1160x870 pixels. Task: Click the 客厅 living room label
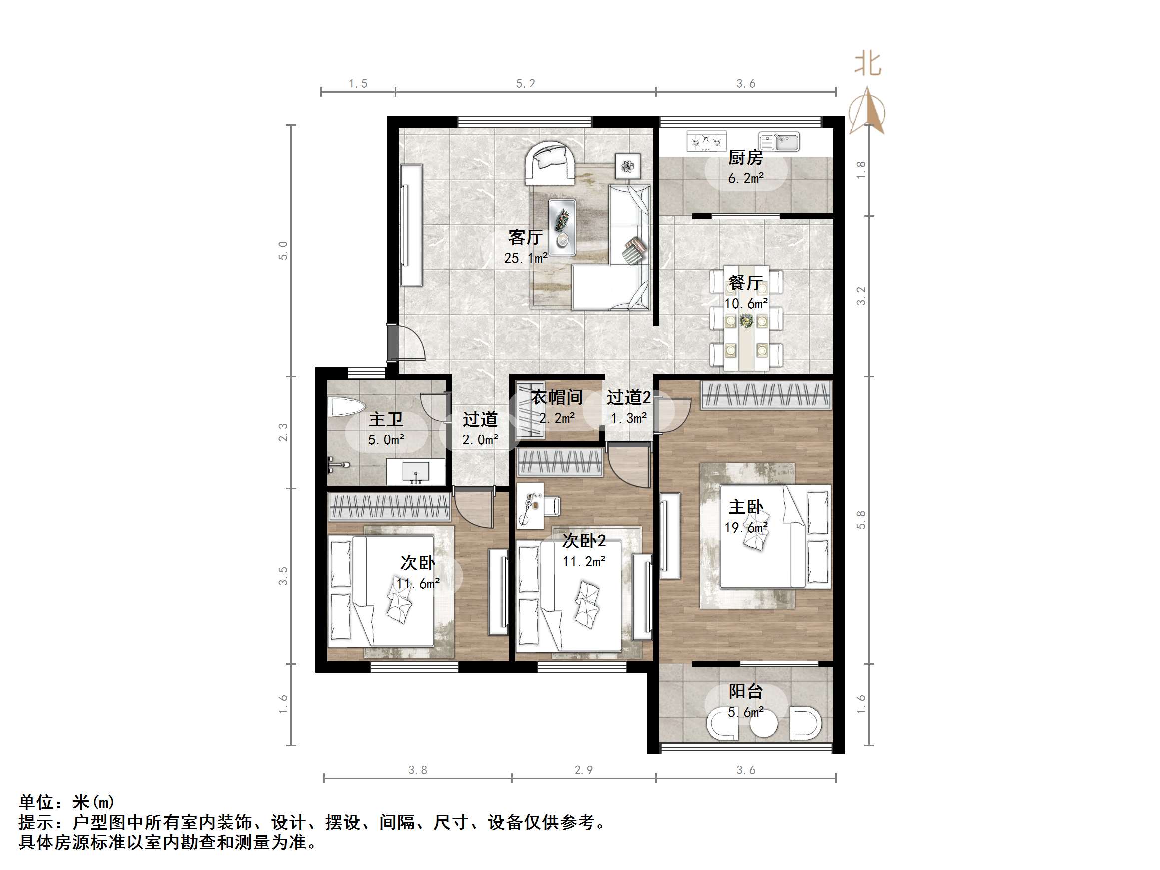[x=525, y=238]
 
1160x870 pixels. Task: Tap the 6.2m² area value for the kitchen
[x=745, y=178]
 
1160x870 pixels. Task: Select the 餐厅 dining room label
[x=745, y=283]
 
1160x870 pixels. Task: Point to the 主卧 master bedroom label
[x=746, y=507]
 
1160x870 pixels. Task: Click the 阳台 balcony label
[x=745, y=691]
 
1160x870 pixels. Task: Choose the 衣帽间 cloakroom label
[x=557, y=397]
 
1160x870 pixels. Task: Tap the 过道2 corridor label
[x=629, y=397]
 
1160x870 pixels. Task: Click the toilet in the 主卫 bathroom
[x=346, y=407]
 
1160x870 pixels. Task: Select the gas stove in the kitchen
[x=706, y=141]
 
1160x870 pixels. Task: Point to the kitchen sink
[x=780, y=141]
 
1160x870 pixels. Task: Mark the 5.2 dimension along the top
[x=525, y=84]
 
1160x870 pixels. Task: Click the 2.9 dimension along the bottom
[x=583, y=770]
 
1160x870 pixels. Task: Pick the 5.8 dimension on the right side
[x=861, y=519]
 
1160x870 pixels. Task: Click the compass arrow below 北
[x=868, y=111]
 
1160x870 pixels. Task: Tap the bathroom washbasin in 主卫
[x=415, y=472]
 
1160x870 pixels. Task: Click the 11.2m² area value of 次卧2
[x=583, y=562]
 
